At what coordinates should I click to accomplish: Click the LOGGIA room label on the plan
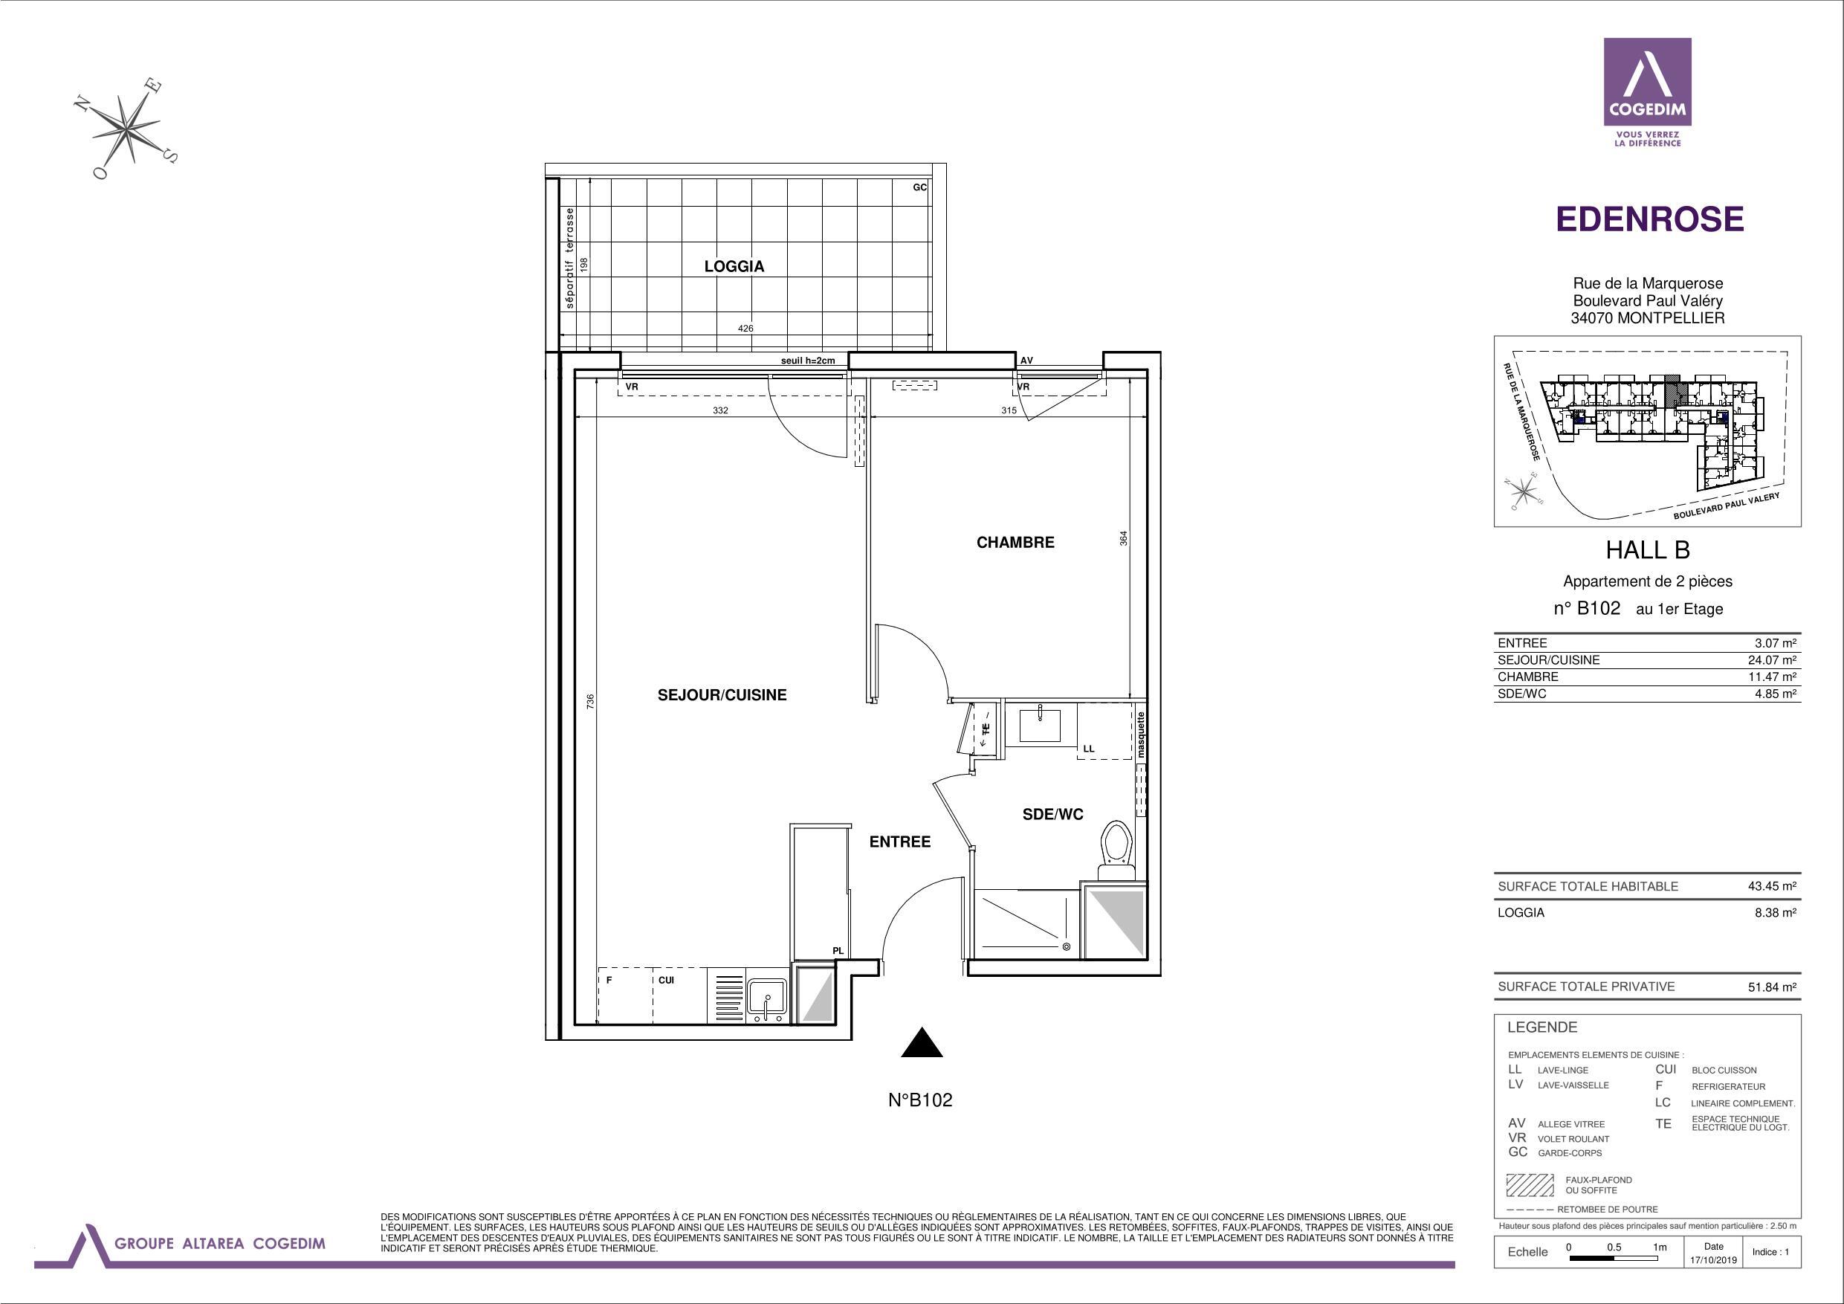(x=734, y=266)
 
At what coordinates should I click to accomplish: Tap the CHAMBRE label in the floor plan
(x=1015, y=542)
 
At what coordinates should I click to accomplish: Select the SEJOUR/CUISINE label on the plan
(x=721, y=695)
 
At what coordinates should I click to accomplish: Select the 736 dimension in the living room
(x=590, y=700)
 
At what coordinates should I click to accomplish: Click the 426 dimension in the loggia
(x=745, y=328)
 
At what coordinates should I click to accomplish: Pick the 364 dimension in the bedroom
(x=1124, y=538)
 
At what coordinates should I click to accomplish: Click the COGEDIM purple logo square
(x=1647, y=81)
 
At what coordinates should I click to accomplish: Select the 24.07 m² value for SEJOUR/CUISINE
(x=1772, y=659)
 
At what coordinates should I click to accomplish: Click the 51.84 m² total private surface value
(x=1772, y=987)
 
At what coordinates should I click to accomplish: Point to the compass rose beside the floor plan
(x=128, y=129)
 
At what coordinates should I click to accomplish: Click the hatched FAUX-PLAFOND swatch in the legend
(x=1529, y=1185)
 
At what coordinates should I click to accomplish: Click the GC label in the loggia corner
(x=919, y=187)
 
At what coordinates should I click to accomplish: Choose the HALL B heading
(x=1647, y=549)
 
